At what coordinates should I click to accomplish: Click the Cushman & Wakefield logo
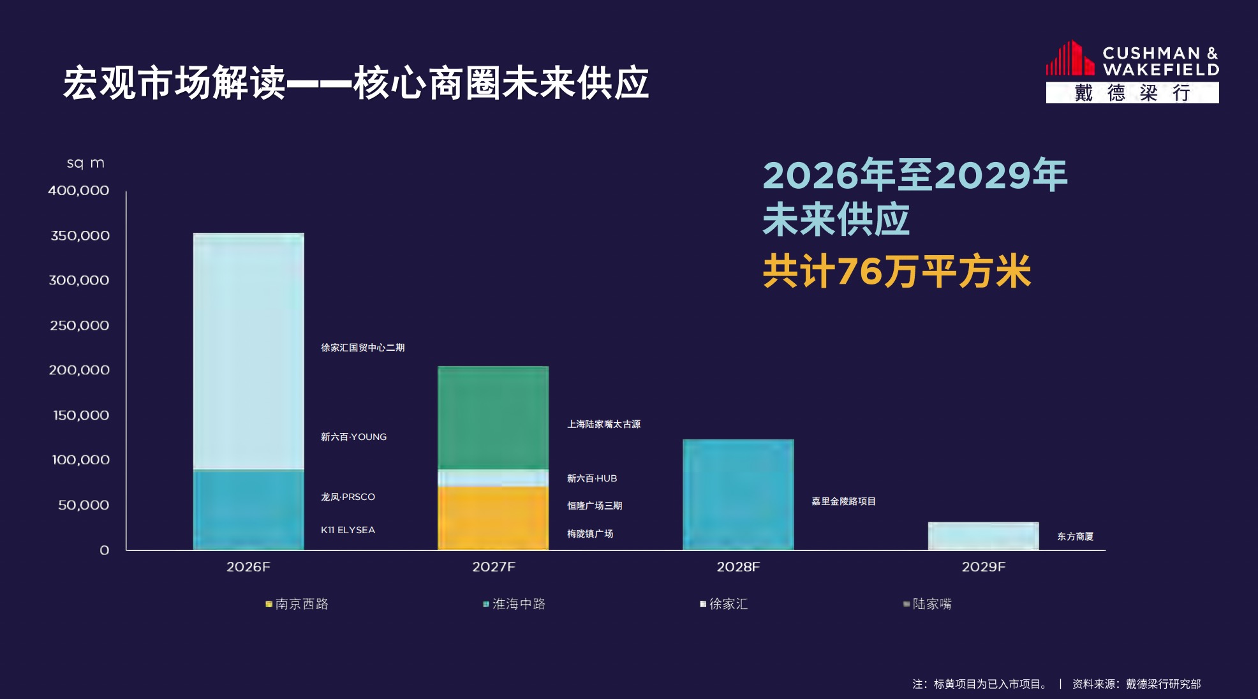[1132, 71]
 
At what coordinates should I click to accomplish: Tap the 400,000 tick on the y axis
[78, 191]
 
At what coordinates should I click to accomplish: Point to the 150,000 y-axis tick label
[81, 415]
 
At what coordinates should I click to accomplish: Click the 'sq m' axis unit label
[85, 163]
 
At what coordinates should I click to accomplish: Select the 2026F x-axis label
[248, 567]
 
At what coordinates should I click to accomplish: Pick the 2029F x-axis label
[983, 567]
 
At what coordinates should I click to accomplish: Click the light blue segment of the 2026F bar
[248, 351]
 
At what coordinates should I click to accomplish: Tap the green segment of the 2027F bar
[492, 418]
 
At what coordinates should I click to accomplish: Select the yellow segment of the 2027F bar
[492, 518]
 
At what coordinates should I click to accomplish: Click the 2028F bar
[738, 494]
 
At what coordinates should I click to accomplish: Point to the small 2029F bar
[983, 536]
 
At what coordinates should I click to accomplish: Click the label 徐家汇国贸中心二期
[362, 348]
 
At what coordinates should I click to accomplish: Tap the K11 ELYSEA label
[348, 530]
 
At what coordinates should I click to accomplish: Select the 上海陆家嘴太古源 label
[603, 424]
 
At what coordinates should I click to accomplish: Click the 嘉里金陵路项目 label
[843, 501]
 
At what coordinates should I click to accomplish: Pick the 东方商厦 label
[1075, 536]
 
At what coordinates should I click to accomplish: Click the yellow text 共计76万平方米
[896, 272]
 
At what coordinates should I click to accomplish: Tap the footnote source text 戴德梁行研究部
[1163, 684]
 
